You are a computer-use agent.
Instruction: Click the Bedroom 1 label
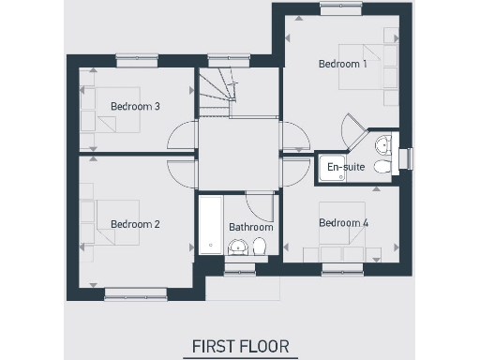click(x=342, y=65)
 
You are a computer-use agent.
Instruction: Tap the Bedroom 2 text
click(x=135, y=224)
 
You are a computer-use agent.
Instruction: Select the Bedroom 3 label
click(x=135, y=106)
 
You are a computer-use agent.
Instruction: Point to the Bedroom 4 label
click(x=342, y=223)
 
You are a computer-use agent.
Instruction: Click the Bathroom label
click(x=250, y=227)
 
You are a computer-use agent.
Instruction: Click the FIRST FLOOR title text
click(x=240, y=346)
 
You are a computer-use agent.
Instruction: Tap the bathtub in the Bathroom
click(x=211, y=226)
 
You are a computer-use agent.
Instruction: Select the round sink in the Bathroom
click(x=237, y=247)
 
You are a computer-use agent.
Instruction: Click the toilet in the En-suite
click(x=382, y=167)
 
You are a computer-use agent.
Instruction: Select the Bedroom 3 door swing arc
click(x=179, y=139)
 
